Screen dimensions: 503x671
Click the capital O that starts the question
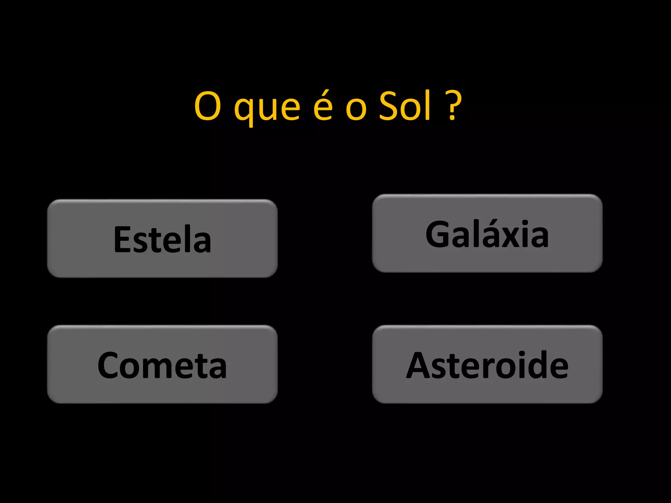tap(207, 106)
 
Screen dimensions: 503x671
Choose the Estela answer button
tap(163, 238)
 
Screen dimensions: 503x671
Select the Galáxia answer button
tap(487, 233)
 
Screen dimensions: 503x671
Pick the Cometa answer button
tap(163, 364)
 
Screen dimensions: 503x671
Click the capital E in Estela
tap(122, 239)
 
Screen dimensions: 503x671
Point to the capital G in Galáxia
tap(438, 234)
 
